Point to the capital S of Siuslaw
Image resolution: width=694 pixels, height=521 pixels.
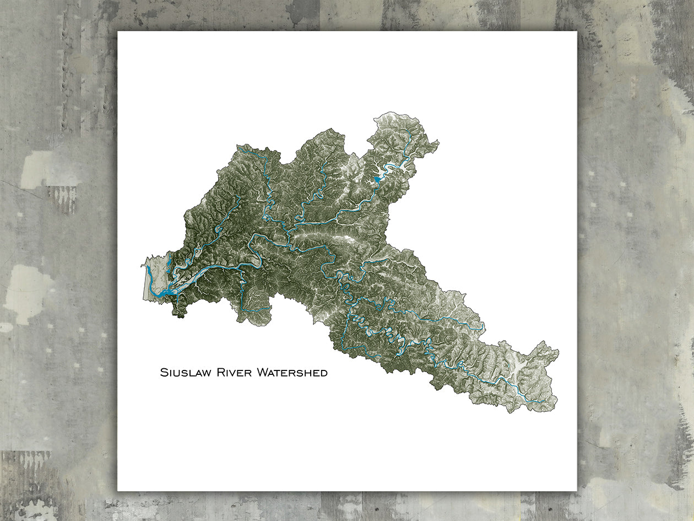(163, 373)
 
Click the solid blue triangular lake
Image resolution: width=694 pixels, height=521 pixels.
(377, 179)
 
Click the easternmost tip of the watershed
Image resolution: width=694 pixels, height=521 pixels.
(557, 351)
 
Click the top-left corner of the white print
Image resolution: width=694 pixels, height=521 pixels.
(118, 32)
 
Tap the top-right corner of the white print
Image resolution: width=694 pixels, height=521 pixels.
(576, 32)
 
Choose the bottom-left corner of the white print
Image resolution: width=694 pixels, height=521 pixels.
(118, 490)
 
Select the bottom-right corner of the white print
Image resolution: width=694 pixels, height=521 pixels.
(576, 490)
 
